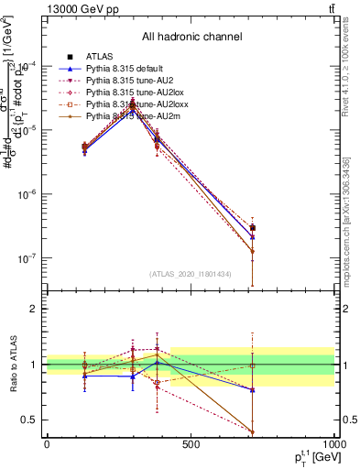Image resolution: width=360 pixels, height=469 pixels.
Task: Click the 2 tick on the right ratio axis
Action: (344, 309)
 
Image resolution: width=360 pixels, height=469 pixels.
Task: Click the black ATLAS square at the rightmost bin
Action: (252, 228)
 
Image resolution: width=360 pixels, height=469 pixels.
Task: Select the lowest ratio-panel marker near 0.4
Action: (252, 431)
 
